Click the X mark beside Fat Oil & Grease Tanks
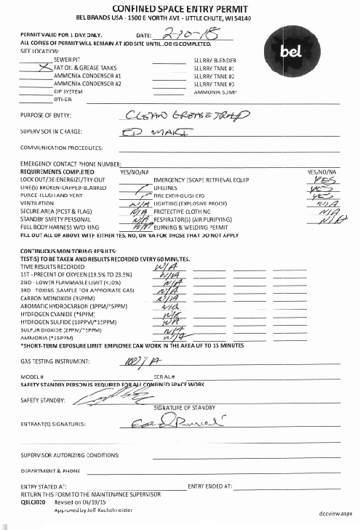(x=46, y=65)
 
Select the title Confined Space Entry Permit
(x=179, y=7)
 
